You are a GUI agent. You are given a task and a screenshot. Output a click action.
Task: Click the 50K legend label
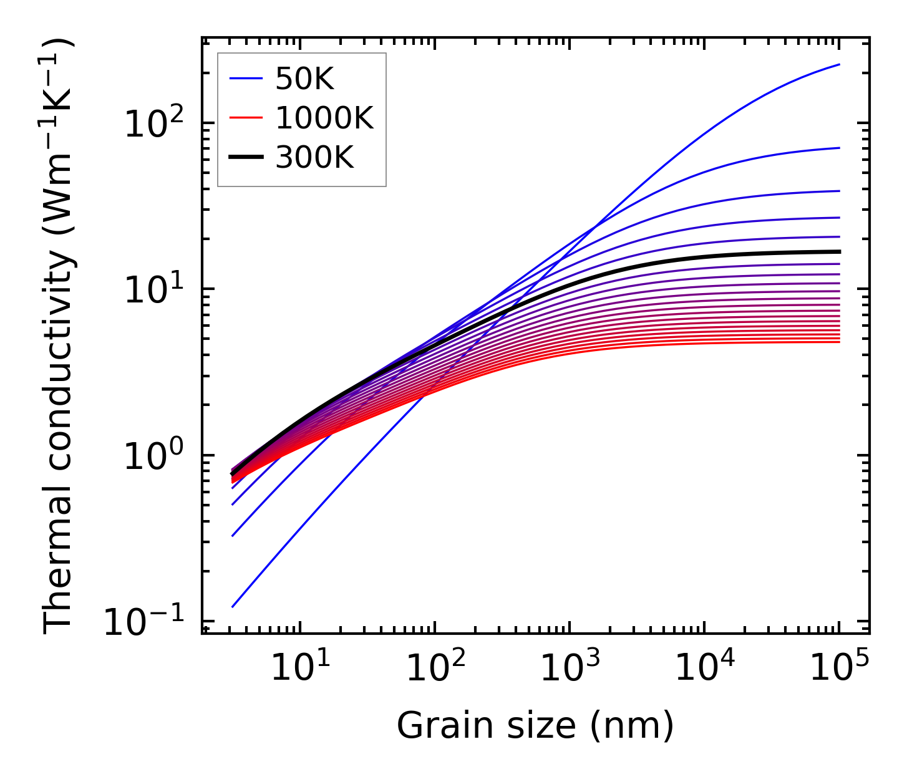[305, 79]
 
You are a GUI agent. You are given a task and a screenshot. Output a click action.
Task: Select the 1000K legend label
[324, 118]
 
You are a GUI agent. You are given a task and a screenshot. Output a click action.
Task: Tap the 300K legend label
[314, 158]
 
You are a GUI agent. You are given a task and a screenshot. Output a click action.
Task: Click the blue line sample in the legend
[246, 79]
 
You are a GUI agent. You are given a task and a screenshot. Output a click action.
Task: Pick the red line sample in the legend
[246, 118]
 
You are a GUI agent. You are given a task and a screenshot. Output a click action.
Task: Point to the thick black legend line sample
[246, 158]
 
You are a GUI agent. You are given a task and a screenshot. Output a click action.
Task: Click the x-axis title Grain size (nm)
[535, 726]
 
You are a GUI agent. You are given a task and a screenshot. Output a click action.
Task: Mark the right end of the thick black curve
[840, 251]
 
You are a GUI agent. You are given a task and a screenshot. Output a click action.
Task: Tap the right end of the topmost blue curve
[840, 64]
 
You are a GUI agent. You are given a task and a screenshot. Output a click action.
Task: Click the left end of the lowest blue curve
[232, 607]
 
